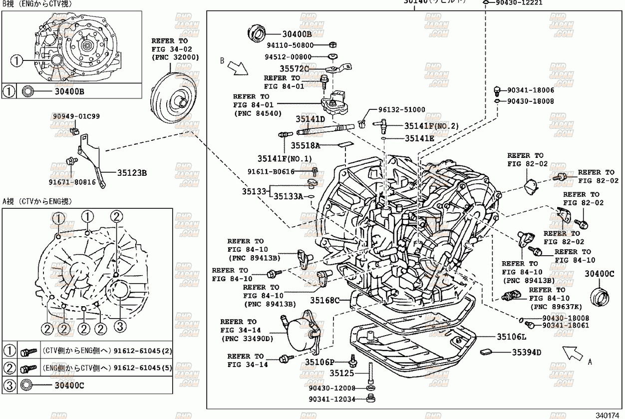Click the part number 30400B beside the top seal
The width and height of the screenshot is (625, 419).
tap(297, 34)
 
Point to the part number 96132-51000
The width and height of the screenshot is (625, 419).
tap(401, 110)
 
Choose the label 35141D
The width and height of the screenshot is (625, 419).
tap(310, 119)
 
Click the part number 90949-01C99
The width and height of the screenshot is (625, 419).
tap(76, 116)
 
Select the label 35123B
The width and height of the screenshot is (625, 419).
tap(132, 173)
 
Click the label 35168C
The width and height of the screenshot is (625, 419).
tap(324, 300)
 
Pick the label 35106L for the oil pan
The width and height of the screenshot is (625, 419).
tap(512, 337)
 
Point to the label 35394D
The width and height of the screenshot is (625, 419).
tap(526, 352)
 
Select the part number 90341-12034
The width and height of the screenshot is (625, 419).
tap(331, 399)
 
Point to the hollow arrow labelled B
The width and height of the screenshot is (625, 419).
tap(237, 68)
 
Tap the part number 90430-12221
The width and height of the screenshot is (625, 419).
tap(519, 2)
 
